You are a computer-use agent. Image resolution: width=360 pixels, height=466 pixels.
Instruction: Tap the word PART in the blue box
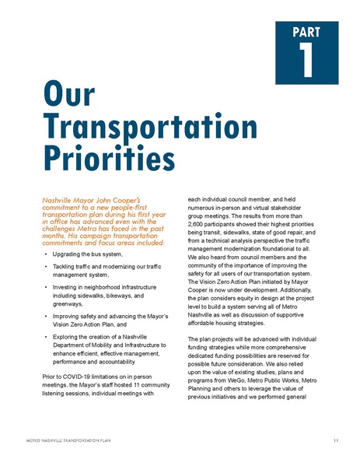point(307,32)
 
